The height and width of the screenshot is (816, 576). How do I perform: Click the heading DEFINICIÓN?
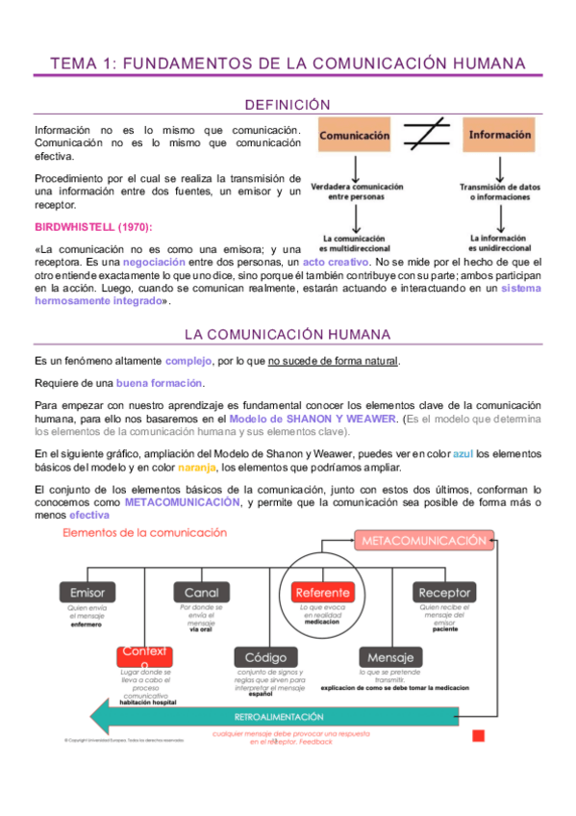tap(288, 104)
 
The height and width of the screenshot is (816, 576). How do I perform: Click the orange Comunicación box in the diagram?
tap(355, 137)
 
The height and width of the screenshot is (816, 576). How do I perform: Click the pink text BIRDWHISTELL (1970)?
tap(92, 227)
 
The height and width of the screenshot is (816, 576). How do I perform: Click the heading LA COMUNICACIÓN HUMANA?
tap(288, 334)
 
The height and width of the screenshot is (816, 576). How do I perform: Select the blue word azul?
tap(463, 453)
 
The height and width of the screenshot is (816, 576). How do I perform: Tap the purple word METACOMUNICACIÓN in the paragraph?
tap(183, 502)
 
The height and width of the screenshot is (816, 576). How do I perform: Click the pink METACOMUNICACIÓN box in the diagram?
tap(423, 541)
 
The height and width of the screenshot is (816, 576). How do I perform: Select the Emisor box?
tap(88, 593)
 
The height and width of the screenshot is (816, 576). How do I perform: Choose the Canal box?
tap(202, 593)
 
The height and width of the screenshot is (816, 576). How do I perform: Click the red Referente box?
tap(322, 593)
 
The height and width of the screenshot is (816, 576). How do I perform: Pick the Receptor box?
tap(444, 593)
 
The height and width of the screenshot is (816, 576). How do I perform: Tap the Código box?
tap(265, 657)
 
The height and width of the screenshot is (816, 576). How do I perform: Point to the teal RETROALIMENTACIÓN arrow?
tap(279, 717)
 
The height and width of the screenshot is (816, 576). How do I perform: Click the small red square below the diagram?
tap(478, 736)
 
